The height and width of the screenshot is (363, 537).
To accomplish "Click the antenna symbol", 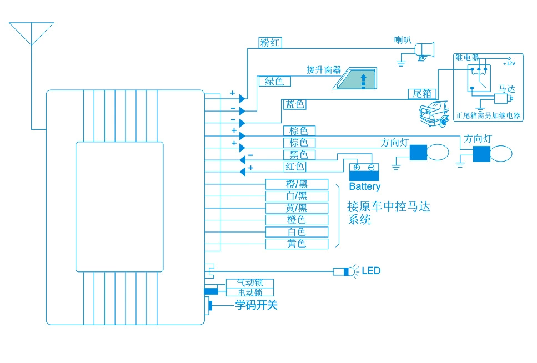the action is (32, 33).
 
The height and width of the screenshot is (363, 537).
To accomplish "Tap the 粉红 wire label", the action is (270, 43).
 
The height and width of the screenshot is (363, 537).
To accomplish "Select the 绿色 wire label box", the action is (274, 81).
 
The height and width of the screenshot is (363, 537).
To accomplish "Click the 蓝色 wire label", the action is (294, 104).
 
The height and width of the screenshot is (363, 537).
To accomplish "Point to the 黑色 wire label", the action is (299, 154).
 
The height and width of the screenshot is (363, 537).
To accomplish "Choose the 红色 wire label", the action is (295, 167).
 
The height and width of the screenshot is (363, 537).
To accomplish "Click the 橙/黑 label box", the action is (297, 184).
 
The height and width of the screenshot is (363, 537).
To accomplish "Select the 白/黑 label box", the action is (297, 196).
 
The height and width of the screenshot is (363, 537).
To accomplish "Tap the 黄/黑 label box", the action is (297, 208).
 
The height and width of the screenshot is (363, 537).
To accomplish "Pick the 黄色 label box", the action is (297, 244).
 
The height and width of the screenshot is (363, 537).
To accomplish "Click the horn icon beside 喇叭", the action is (425, 52).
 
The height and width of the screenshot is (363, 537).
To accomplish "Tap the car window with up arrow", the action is (355, 78).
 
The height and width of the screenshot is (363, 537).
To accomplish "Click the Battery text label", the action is (365, 186).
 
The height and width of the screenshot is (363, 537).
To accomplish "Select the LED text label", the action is (372, 271).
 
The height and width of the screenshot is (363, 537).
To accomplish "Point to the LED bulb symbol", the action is (346, 271).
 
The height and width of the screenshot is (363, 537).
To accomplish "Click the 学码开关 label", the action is (256, 305).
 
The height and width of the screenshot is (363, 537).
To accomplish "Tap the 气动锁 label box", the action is (250, 283).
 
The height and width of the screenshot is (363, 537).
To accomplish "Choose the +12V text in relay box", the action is (509, 63).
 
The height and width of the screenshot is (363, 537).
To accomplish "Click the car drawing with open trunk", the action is (434, 114).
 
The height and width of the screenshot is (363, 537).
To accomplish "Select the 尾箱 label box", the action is (422, 94).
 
